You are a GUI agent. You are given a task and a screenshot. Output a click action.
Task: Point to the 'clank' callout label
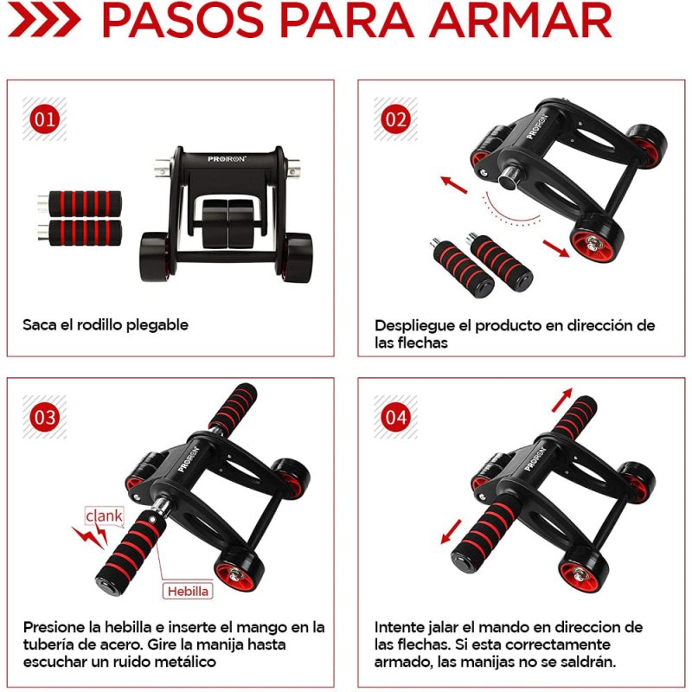tap(104, 517)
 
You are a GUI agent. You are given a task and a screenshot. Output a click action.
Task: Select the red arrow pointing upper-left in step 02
tap(453, 184)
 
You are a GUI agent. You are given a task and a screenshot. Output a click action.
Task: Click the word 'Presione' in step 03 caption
tap(55, 626)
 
